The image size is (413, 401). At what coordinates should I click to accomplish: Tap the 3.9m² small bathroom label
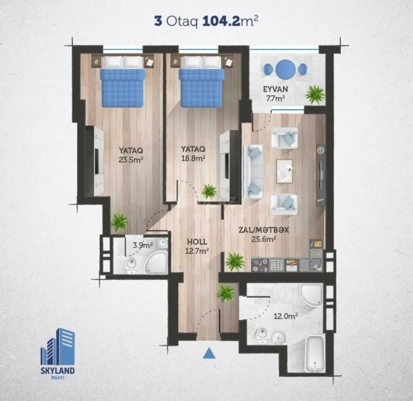click(131, 246)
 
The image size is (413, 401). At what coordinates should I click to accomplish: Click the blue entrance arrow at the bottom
click(209, 354)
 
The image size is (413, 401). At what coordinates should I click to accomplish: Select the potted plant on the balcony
click(315, 93)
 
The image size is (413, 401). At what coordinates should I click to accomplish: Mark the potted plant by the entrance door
click(226, 292)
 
